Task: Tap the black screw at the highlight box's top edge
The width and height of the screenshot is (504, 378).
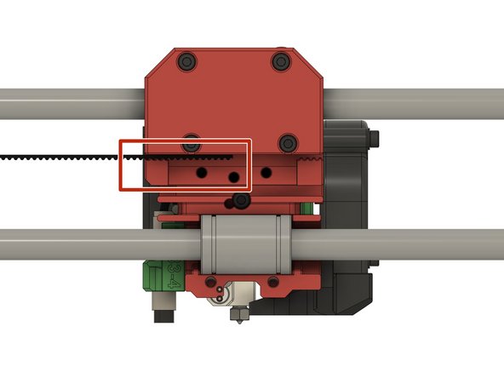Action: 194,140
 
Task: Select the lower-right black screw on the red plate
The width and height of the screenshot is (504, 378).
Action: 290,140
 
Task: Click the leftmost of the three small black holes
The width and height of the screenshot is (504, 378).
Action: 203,171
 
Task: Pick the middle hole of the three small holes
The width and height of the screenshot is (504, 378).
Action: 233,177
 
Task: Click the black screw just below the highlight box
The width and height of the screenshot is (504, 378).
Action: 242,201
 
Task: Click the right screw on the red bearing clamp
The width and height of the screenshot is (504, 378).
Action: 274,278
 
